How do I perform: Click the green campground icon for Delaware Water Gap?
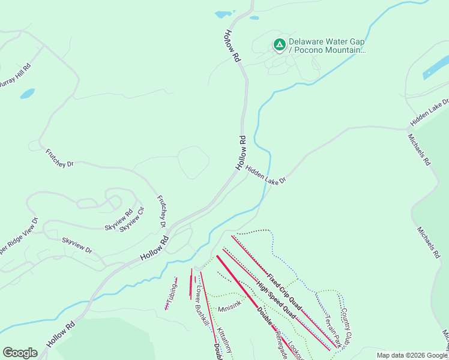point(279,44)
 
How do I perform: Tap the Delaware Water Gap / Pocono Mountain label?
point(327,46)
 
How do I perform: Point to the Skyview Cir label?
point(132,220)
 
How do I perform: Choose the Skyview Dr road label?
point(77,245)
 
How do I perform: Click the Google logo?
point(20,353)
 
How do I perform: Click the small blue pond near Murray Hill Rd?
point(27,94)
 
